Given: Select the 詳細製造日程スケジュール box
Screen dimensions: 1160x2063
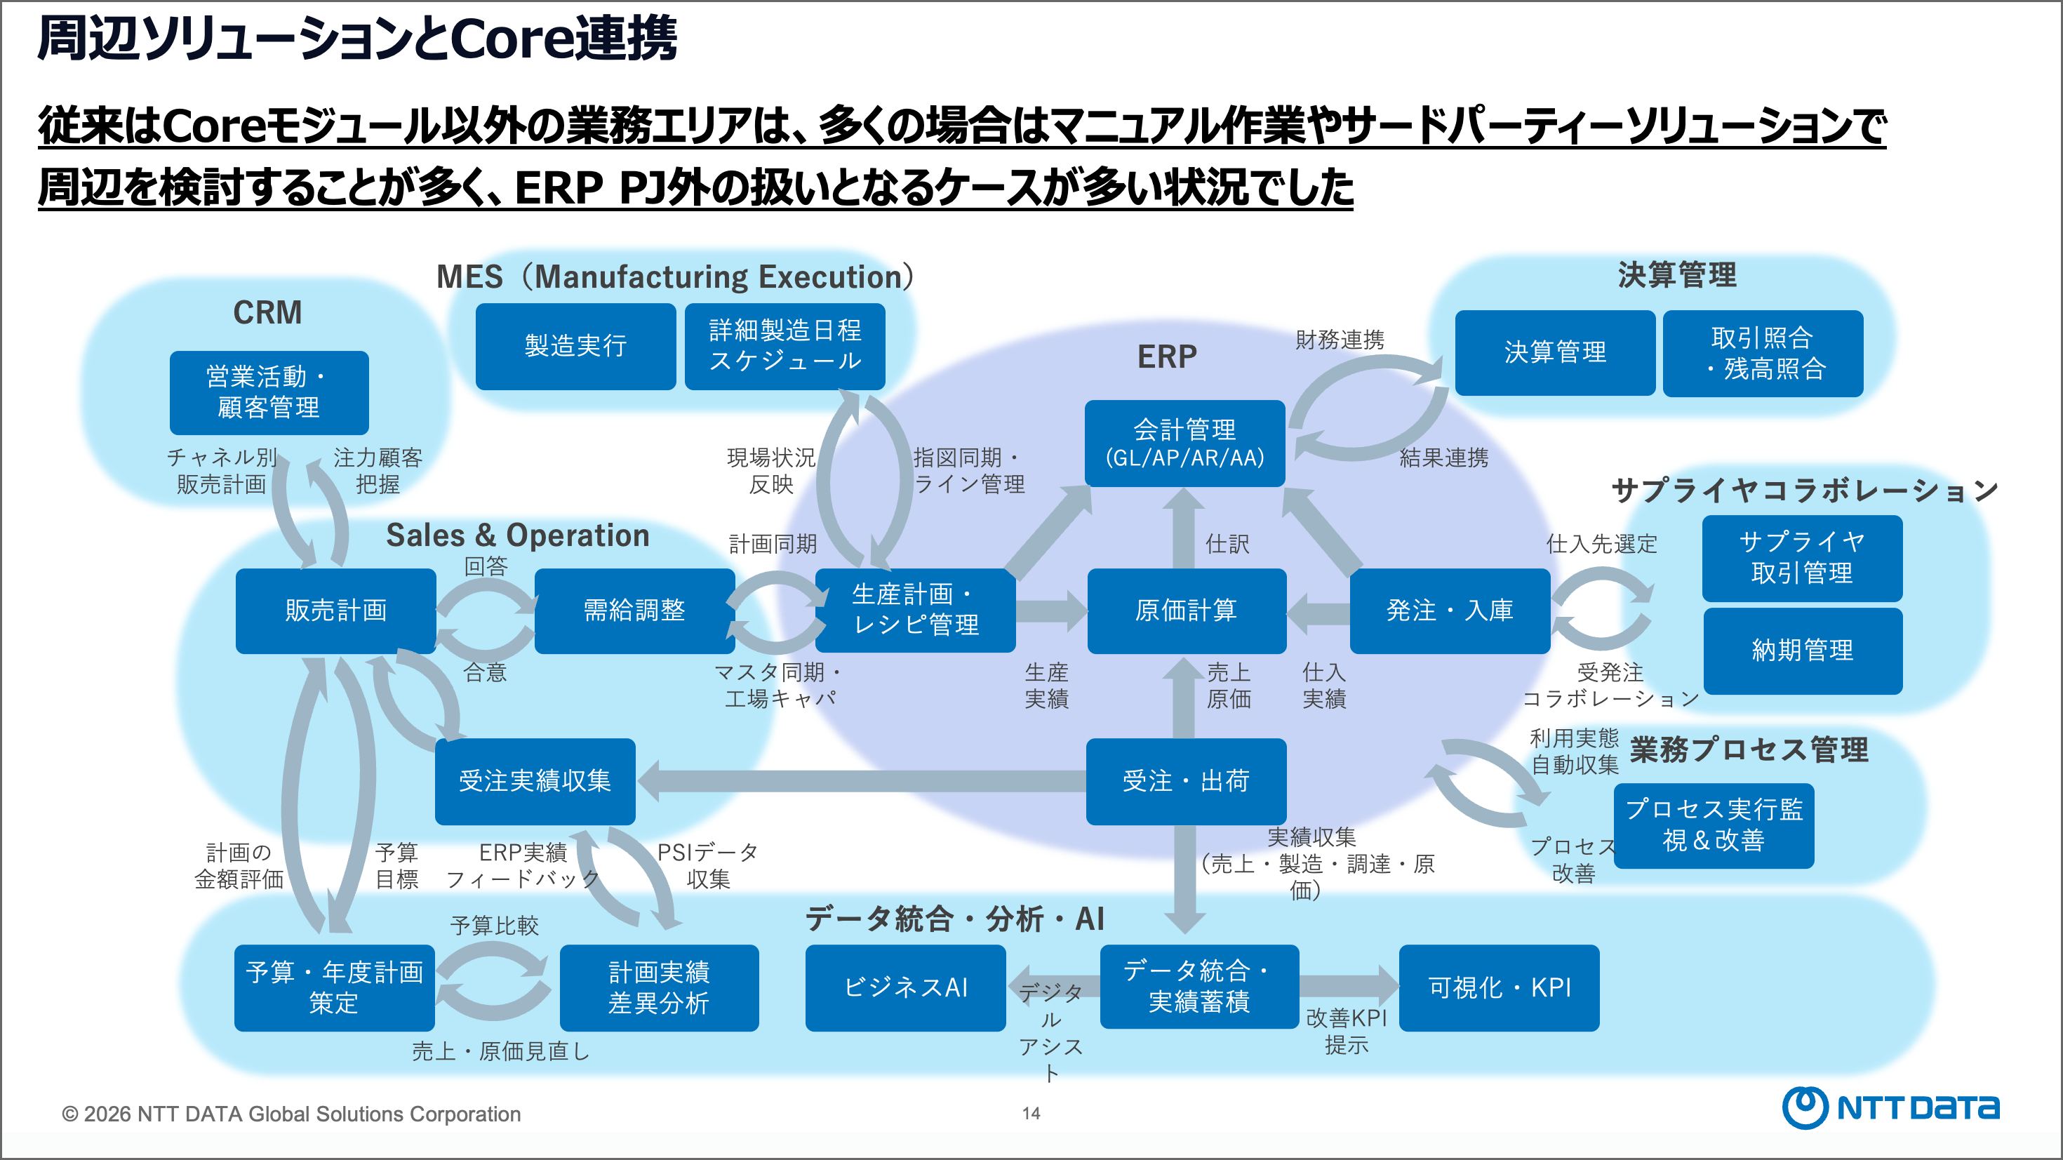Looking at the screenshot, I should click(784, 346).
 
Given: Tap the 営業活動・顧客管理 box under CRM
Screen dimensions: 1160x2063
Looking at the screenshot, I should click(269, 392).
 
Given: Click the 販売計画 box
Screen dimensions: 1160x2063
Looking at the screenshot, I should click(335, 611).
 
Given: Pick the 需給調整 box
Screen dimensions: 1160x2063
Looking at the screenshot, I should click(634, 611).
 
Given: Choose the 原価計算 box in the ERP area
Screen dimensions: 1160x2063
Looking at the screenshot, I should click(1186, 611).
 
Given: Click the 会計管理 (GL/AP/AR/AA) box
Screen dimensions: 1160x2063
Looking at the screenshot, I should click(1184, 443).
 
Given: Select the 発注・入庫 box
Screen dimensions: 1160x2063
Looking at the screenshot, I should click(1450, 611).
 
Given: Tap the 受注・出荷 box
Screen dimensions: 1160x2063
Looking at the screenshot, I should click(1186, 781).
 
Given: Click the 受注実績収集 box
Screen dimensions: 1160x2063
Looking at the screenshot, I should click(535, 781).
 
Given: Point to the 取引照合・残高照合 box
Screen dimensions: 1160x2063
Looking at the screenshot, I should click(1763, 353).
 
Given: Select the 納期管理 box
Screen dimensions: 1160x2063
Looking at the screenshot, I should click(1802, 651).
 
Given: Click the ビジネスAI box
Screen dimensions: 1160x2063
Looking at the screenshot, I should click(905, 988).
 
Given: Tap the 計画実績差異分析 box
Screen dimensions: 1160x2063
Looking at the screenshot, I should click(659, 988).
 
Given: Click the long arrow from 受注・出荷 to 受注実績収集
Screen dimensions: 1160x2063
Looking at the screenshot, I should click(861, 781).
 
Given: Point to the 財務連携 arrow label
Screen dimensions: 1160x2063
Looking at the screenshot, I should click(1340, 340).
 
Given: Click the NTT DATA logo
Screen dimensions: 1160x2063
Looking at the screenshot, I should click(1890, 1108).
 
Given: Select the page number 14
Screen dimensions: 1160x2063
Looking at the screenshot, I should click(1031, 1113).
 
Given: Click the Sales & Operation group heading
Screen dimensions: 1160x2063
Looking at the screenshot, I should click(517, 535).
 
